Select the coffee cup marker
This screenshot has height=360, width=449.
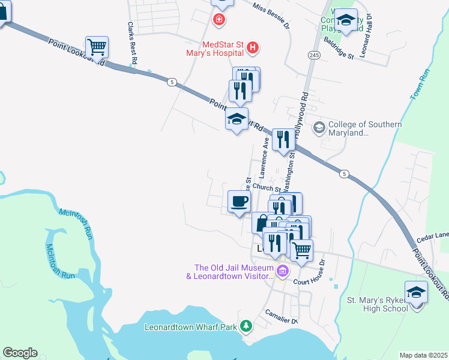coord(239,202)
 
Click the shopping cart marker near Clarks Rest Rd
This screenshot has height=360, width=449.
coord(97,47)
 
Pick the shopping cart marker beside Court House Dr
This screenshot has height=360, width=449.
coord(301,250)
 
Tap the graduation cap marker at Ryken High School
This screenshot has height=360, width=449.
coord(416,293)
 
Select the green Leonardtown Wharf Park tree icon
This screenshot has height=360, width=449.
coord(245,326)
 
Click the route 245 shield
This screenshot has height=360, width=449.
coord(314,55)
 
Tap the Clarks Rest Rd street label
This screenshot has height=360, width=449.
coord(132,44)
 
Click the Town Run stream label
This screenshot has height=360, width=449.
coord(420,85)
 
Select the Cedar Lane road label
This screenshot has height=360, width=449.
coord(433,238)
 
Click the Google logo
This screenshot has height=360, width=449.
coord(20,353)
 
